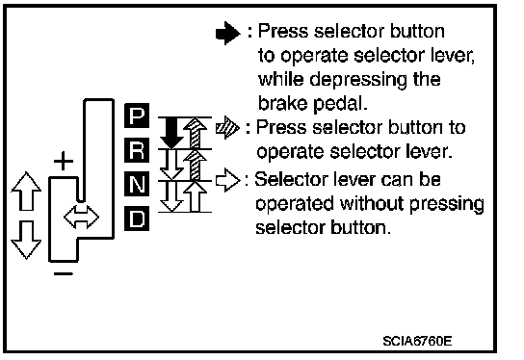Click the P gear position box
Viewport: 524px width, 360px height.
(x=137, y=116)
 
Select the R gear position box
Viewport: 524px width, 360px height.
(x=137, y=150)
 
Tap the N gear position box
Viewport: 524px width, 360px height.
(x=137, y=184)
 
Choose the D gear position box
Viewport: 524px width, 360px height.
(x=137, y=219)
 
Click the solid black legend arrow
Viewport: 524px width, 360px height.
(x=228, y=33)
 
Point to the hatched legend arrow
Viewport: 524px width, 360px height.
(x=228, y=128)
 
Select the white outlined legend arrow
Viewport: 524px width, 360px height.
(x=228, y=180)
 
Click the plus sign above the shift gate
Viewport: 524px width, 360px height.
(x=64, y=161)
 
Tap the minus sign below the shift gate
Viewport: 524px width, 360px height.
(x=64, y=273)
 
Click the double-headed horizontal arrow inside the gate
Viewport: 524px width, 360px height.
(x=81, y=218)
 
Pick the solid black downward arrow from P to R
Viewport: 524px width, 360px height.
(x=171, y=133)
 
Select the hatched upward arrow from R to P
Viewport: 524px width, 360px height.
(x=196, y=133)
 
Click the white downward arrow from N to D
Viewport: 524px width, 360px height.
(x=171, y=196)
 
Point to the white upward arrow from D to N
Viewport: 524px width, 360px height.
(x=196, y=196)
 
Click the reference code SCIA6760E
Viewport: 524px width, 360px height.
(x=417, y=341)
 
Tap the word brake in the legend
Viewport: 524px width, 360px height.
(x=283, y=103)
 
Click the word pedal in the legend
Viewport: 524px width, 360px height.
(x=340, y=105)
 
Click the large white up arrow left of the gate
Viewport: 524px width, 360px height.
(x=26, y=192)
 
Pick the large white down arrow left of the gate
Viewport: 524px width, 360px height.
(x=26, y=240)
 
